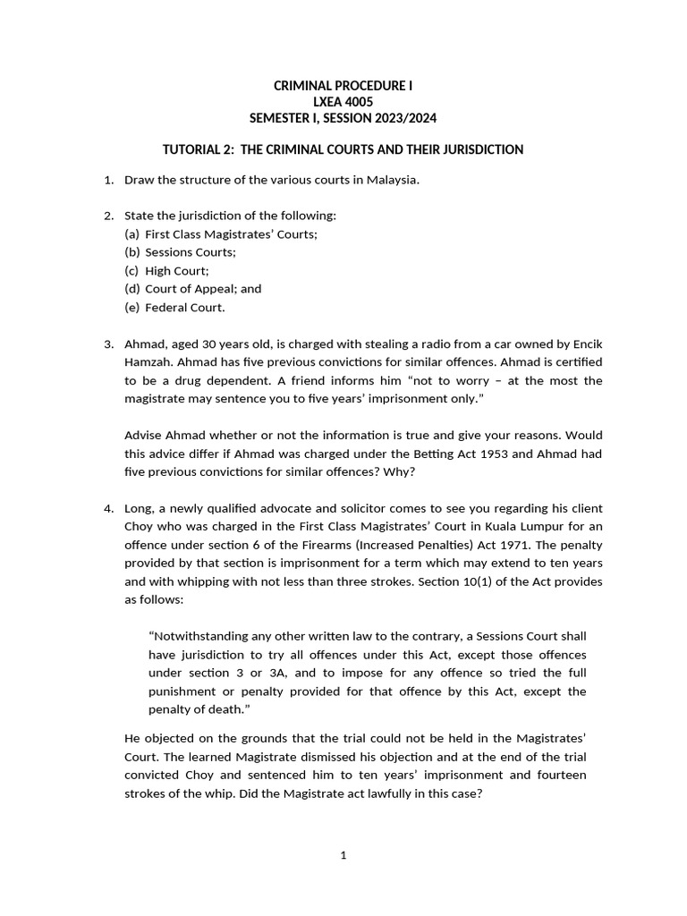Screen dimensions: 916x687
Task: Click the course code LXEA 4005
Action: pyautogui.click(x=343, y=102)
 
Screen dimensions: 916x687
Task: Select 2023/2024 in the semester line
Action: pyautogui.click(x=407, y=118)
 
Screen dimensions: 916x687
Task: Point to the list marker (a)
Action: pyautogui.click(x=132, y=233)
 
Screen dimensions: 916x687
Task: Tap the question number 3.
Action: pyautogui.click(x=108, y=344)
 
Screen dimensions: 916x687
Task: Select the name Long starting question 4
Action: pyautogui.click(x=140, y=509)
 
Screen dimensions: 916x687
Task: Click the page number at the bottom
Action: pyautogui.click(x=343, y=855)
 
